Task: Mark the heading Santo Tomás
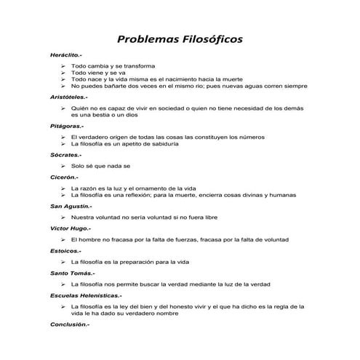70,272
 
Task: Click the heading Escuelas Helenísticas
86,295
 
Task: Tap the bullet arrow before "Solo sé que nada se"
64,166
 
